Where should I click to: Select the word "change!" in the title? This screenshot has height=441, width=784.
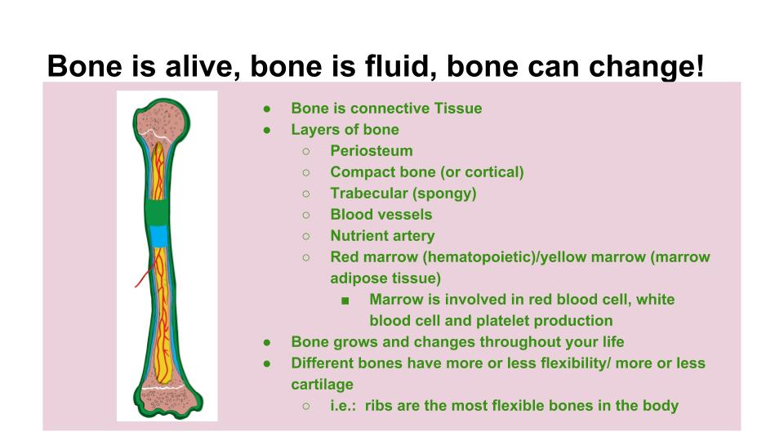[x=647, y=67]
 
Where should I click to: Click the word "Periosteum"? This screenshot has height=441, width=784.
[x=372, y=150]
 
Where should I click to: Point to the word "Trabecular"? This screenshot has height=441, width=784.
[x=369, y=193]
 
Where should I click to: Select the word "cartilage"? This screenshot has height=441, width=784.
[x=322, y=385]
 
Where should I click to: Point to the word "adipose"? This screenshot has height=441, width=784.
[x=357, y=278]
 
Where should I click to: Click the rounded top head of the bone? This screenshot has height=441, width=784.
[x=162, y=121]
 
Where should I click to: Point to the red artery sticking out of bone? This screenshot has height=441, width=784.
[x=144, y=276]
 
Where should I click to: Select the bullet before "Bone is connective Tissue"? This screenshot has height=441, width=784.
[x=267, y=109]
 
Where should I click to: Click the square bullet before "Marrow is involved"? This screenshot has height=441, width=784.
[x=345, y=301]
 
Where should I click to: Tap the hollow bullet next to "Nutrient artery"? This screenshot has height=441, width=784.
[x=306, y=236]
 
